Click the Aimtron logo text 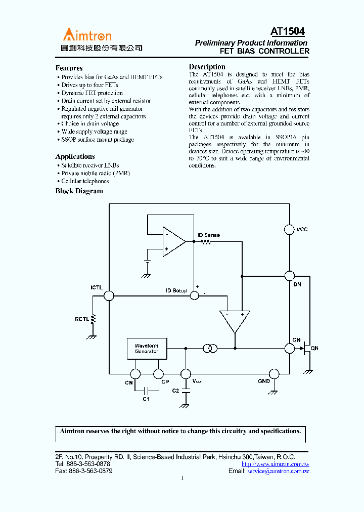87,35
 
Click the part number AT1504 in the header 288,32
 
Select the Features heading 69,68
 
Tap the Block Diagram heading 79,191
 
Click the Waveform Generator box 147,349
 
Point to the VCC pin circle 289,230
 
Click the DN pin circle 289,276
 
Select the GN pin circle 289,349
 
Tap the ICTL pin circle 109,296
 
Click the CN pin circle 135,374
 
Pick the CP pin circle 158,374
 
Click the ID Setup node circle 194,296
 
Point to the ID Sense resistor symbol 206,241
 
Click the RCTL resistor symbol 94,319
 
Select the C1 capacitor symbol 146,390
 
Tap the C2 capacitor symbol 186,391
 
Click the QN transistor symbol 306,349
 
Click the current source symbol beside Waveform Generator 210,349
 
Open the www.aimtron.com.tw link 275,464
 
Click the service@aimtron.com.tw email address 278,471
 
